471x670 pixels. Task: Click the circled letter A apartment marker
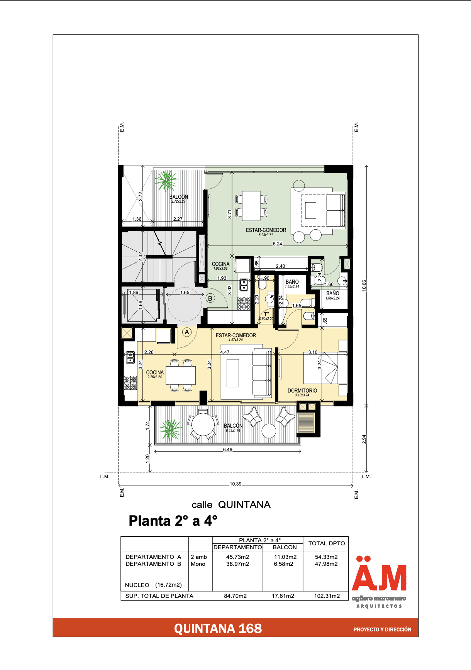coord(187,332)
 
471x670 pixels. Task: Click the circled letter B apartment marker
coord(210,298)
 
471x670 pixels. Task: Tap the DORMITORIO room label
coord(302,391)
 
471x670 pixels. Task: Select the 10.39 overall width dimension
coord(235,484)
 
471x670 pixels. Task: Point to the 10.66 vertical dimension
coord(364,285)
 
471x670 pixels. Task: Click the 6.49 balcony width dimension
coord(228,450)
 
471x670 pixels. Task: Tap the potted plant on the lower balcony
coord(170,430)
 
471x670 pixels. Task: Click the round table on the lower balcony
coord(203,425)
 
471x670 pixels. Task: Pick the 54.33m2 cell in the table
coord(326,557)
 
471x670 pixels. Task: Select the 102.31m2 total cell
coord(327,596)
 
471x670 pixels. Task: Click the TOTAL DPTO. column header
coord(327,543)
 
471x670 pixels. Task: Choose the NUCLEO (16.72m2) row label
coord(153,585)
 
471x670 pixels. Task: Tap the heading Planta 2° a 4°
coord(173,521)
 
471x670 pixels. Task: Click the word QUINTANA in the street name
coord(244,505)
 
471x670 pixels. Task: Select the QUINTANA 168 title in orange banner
coord(218,629)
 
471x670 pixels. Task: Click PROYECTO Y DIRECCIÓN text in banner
coord(382,629)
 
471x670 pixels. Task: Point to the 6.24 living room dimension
coord(277,244)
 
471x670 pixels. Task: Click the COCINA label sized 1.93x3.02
coord(220,264)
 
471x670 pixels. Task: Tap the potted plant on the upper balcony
coord(166,181)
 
